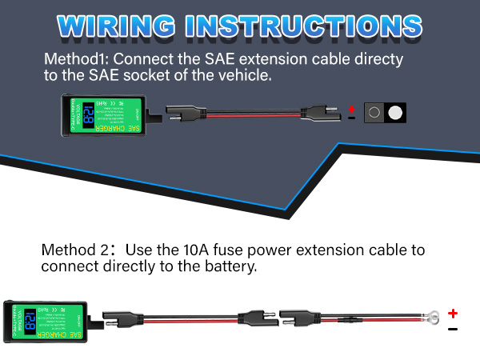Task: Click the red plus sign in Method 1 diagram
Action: [x=350, y=106]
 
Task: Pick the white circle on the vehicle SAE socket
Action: [x=394, y=113]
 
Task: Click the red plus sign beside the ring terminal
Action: [x=453, y=313]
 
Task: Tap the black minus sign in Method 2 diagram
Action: [x=453, y=329]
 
